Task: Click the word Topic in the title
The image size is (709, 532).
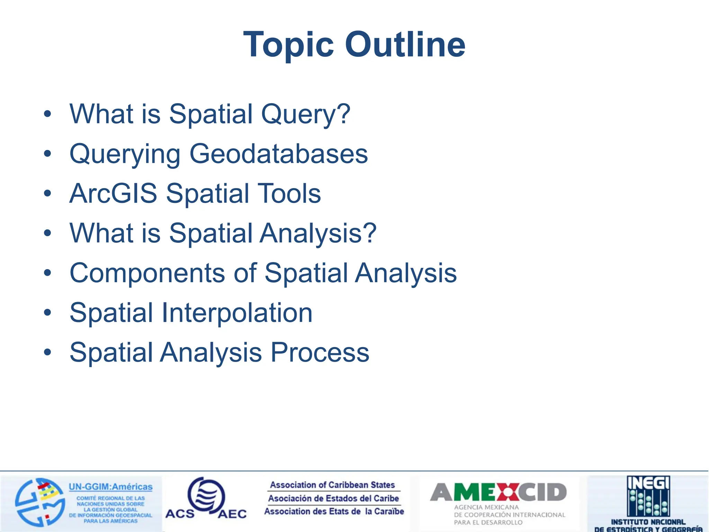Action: point(288,45)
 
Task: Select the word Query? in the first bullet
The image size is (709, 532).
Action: point(305,114)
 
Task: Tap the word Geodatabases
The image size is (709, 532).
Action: point(278,154)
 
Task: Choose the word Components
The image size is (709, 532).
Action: point(147,273)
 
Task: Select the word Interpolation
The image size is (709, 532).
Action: point(237,313)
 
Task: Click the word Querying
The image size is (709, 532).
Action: point(125,154)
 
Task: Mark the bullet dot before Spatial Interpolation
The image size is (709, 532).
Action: point(47,313)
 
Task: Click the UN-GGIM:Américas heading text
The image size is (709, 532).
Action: point(110,487)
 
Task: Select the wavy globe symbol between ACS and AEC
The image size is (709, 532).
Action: point(207,496)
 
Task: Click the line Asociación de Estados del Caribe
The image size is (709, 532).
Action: point(333,498)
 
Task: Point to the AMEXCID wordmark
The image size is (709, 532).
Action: point(498,492)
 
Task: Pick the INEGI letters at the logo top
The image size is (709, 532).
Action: point(648,482)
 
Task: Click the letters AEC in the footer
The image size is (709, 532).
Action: point(232,514)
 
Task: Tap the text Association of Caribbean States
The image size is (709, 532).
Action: point(332,485)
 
